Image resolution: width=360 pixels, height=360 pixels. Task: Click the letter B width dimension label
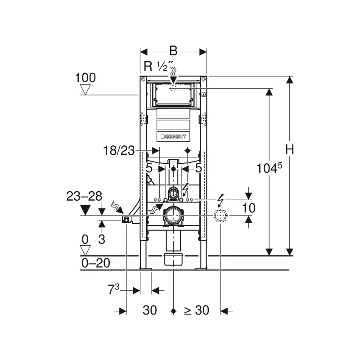point(173,51)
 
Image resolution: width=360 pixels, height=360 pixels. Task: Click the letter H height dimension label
point(289,149)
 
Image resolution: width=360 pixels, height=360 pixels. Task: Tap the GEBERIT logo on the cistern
point(173,137)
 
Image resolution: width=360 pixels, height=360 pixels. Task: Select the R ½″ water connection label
point(158,66)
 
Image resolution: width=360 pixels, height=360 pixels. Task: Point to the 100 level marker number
point(85,78)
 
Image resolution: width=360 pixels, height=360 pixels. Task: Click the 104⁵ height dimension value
point(269,168)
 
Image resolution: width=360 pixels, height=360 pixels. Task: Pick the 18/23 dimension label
point(119,151)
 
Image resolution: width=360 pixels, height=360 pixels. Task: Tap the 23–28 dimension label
point(84,197)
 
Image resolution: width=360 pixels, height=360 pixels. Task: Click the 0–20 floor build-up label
point(96,263)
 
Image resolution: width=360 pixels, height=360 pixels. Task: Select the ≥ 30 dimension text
point(197,310)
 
